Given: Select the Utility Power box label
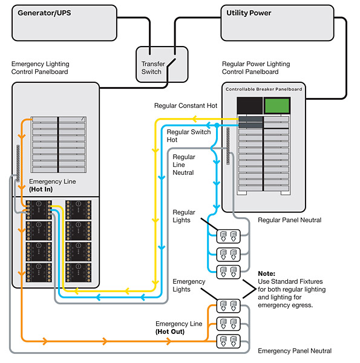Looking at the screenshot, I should pyautogui.click(x=248, y=13).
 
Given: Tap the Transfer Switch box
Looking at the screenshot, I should pyautogui.click(x=152, y=68).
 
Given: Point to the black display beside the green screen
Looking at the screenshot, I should pyautogui.click(x=249, y=105).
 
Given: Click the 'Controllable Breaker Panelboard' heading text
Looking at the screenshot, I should pyautogui.click(x=263, y=89).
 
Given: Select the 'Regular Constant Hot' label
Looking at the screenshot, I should pyautogui.click(x=185, y=106).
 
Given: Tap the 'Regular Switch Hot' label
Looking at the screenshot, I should pyautogui.click(x=188, y=136).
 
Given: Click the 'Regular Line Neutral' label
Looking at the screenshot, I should pyautogui.click(x=184, y=165).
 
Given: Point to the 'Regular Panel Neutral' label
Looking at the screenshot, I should pyautogui.click(x=289, y=220).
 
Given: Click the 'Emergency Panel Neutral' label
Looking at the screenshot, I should pyautogui.click(x=294, y=351).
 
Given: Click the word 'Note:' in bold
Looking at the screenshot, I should pyautogui.click(x=267, y=273).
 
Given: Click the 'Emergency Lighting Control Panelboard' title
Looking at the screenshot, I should pyautogui.click(x=40, y=68).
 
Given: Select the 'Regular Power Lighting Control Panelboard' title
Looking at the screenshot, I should pyautogui.click(x=256, y=68).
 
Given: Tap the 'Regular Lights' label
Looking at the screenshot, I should pyautogui.click(x=184, y=216).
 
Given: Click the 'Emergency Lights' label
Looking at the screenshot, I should pyautogui.click(x=189, y=286).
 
